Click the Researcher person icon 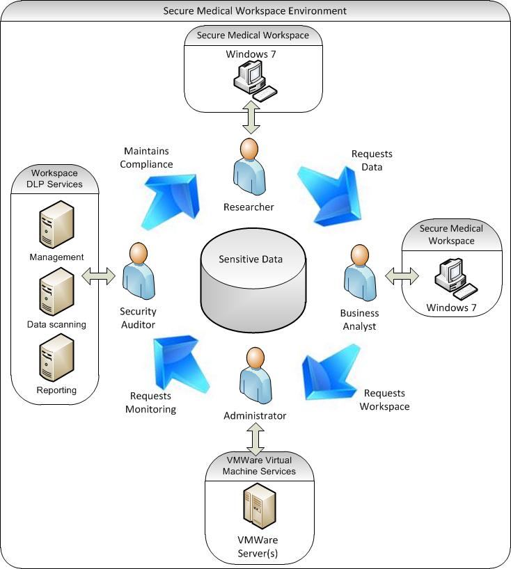coord(249,168)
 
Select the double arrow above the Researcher coord(250,116)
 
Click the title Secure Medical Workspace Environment coord(254,11)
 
